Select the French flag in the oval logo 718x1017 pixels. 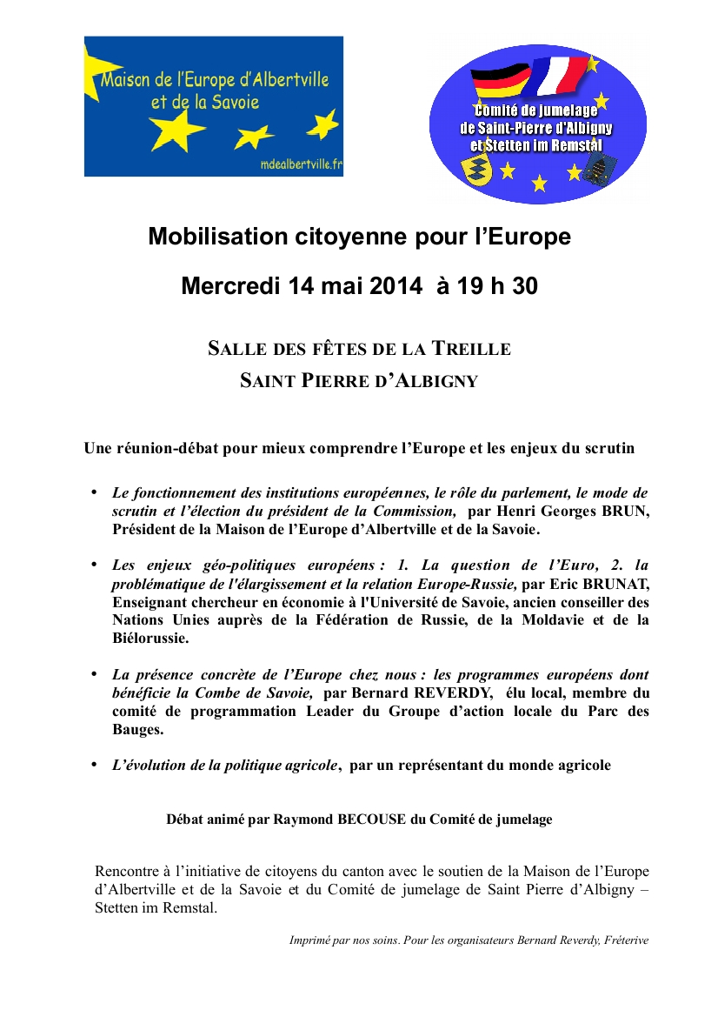560,75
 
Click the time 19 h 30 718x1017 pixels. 496,285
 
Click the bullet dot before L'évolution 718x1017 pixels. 95,765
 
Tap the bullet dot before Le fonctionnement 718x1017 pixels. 95,493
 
